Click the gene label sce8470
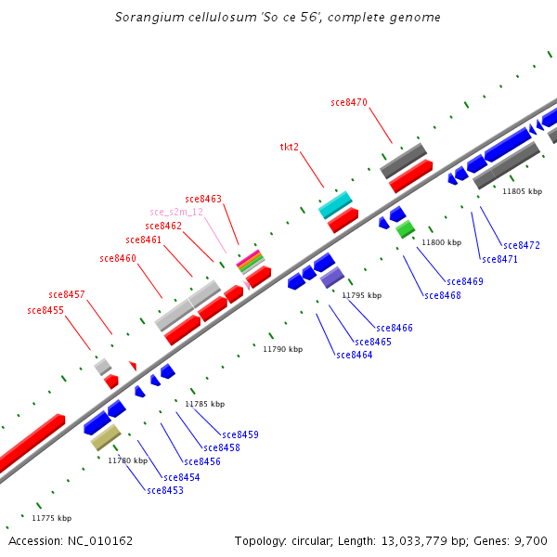coord(349,102)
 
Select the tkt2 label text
coord(290,147)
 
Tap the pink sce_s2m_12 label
coord(176,212)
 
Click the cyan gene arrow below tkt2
coord(335,204)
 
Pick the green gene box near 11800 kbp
coord(405,228)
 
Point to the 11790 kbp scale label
coord(282,349)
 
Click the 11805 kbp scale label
coord(522,191)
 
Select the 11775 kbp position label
coord(51,518)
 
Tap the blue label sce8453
coord(165,490)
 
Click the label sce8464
coord(355,355)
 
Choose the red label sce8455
coord(45,310)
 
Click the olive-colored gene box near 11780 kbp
coord(106,437)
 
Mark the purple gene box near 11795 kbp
coord(332,277)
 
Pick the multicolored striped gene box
coord(250,262)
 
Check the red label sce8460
coord(118,258)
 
